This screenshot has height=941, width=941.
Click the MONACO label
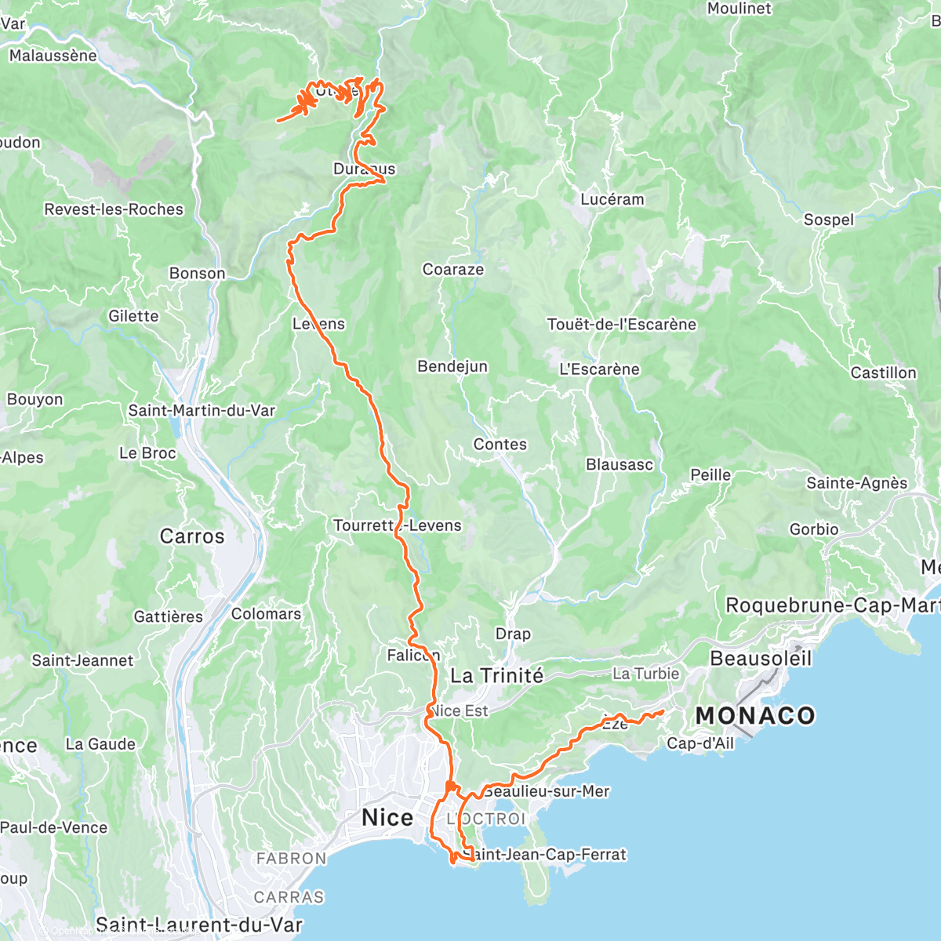coord(754,715)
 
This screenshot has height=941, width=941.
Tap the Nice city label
coord(387,818)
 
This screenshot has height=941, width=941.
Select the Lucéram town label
coord(612,199)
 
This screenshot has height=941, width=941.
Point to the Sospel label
coord(828,220)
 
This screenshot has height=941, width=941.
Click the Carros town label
coord(192,536)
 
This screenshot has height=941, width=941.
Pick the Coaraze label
coord(453,270)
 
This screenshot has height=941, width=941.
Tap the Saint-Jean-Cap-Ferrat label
coord(546,854)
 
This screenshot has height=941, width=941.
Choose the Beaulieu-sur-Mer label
coord(547,791)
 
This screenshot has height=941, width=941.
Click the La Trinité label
coord(496,676)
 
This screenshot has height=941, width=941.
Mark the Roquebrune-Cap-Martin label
coord(831,605)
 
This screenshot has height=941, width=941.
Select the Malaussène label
coord(53,56)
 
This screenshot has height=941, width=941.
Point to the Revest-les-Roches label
coord(114,209)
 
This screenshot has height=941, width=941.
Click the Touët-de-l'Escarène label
coord(621,325)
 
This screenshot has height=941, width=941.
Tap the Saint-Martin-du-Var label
coord(202,410)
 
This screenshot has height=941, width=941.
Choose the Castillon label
coord(884,372)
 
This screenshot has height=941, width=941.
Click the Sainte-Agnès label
coord(856,484)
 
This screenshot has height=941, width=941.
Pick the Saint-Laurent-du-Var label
coord(198,925)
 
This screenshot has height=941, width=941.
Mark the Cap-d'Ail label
coord(700,743)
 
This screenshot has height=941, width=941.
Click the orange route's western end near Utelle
coord(278,120)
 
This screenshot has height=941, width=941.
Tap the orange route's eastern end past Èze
coord(663,711)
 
